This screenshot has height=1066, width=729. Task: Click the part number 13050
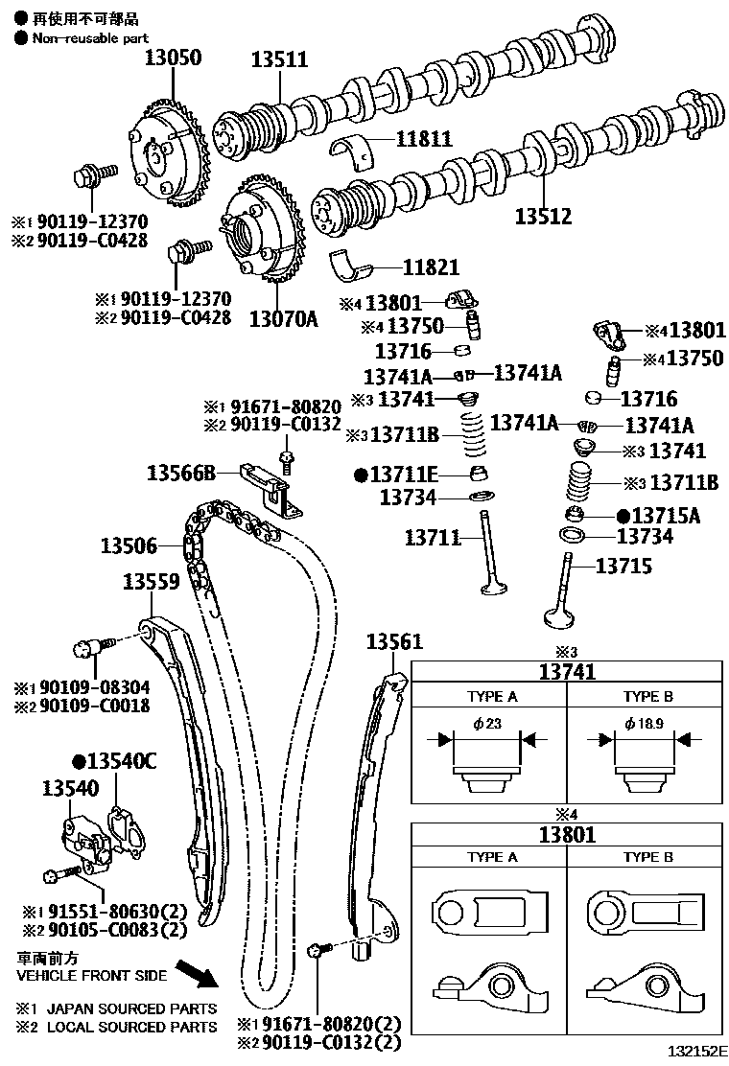point(173,58)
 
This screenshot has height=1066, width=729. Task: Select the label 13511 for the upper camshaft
point(280,59)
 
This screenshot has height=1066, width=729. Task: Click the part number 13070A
point(283,317)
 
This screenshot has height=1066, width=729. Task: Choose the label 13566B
point(180,473)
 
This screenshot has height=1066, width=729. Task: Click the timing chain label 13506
point(128,545)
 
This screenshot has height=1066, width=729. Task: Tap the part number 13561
point(393,641)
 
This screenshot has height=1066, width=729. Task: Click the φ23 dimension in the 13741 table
point(488,724)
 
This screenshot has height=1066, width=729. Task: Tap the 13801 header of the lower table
point(565,834)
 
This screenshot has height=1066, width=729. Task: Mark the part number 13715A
point(666,516)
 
